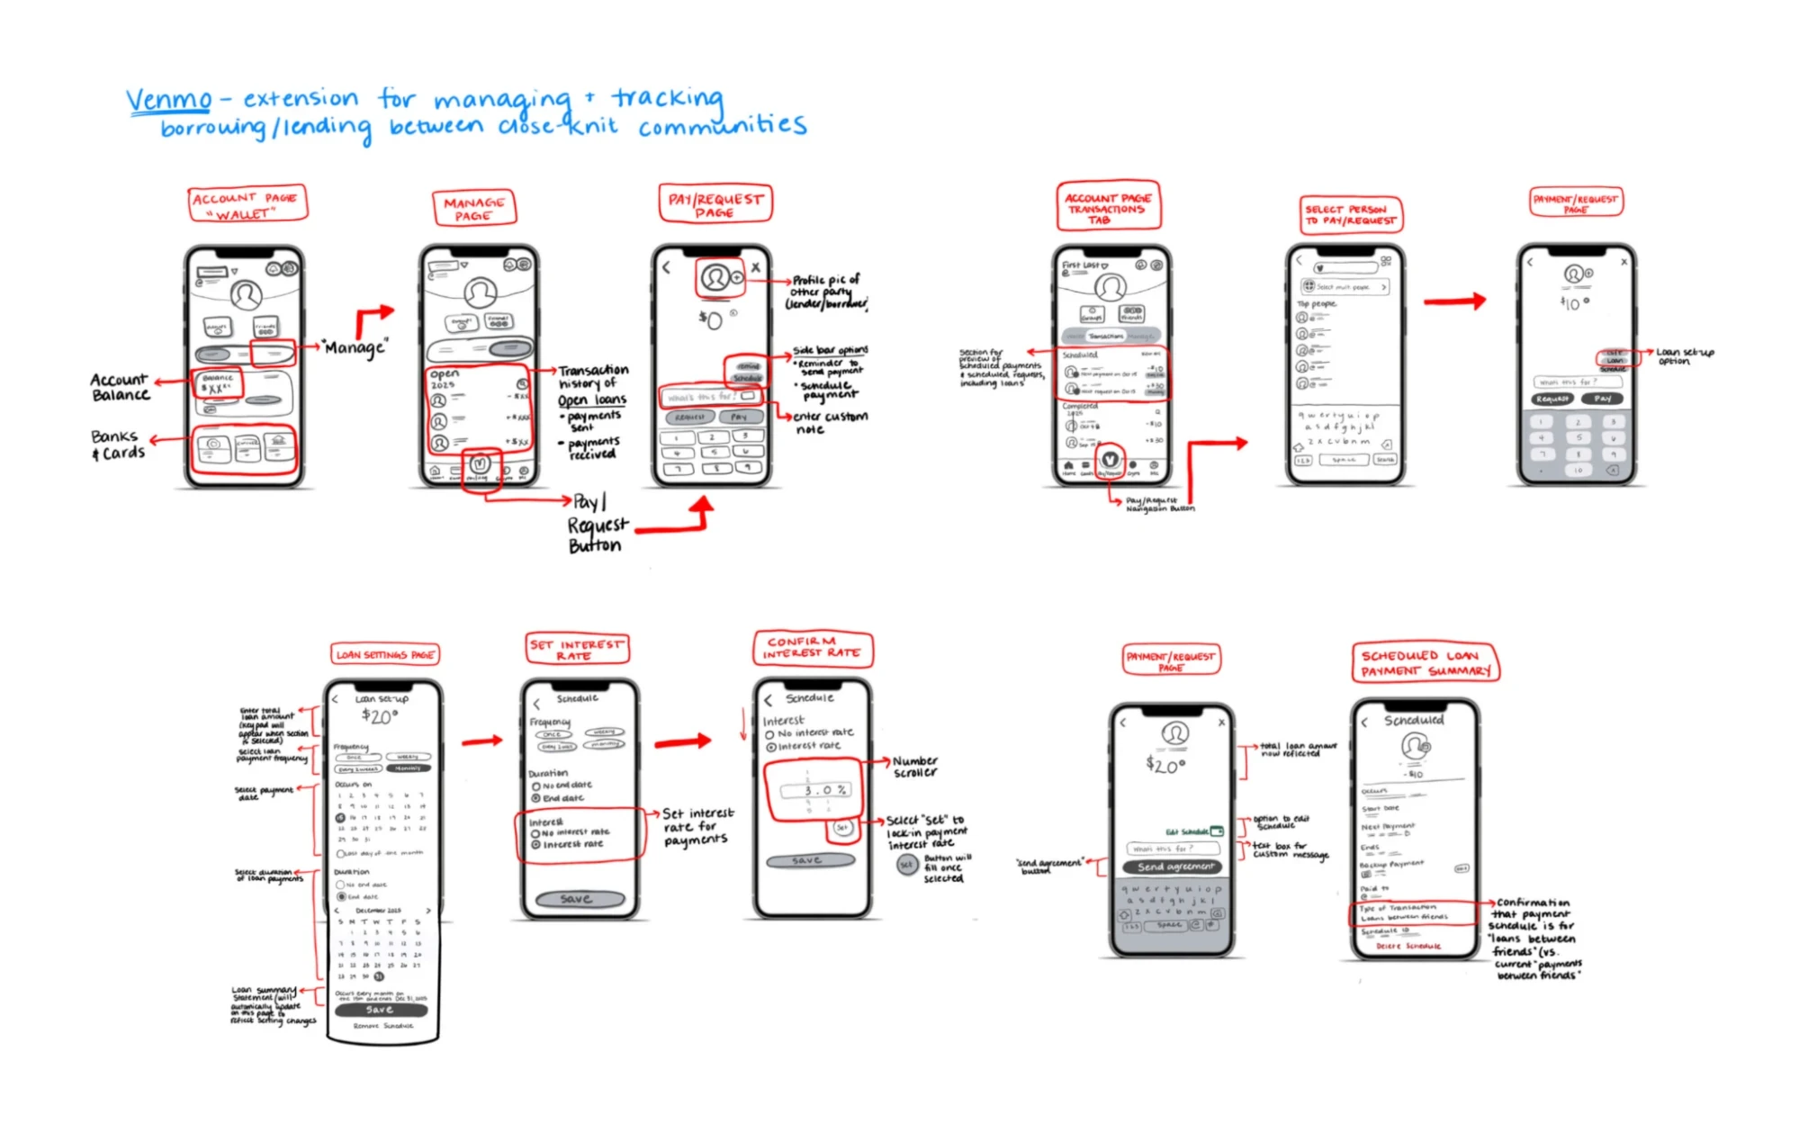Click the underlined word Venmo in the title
click(168, 99)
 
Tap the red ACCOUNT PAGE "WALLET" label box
click(247, 204)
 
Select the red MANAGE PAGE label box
click(474, 209)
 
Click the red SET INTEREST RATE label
click(576, 650)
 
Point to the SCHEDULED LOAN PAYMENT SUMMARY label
click(1426, 663)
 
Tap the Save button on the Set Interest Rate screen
click(580, 899)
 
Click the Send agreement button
click(1175, 867)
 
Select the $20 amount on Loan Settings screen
click(379, 717)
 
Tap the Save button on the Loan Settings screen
click(380, 1010)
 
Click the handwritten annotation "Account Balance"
click(120, 387)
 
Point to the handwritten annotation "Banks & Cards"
click(117, 445)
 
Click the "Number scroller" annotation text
click(915, 767)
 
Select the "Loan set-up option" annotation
click(1685, 356)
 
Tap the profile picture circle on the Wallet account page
click(246, 294)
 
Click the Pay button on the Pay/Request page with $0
click(739, 417)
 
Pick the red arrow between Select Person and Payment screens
click(1454, 301)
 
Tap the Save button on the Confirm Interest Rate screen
click(810, 861)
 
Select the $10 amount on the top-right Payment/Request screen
click(1573, 304)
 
